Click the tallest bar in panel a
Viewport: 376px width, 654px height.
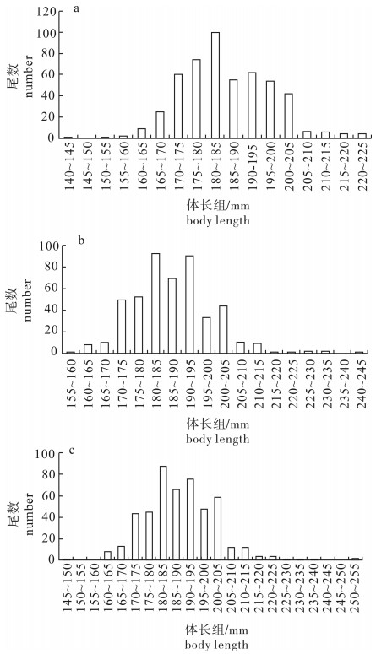[x=215, y=85]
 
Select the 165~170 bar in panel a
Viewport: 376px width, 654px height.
[x=160, y=125]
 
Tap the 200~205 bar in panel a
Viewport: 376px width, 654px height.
[x=289, y=116]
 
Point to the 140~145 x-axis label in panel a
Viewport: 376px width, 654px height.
[x=69, y=167]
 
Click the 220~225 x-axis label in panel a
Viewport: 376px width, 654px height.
[x=362, y=167]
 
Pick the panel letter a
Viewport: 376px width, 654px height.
[x=76, y=8]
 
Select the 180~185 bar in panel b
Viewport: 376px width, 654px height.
[x=155, y=303]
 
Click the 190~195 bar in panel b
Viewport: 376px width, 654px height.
[x=189, y=305]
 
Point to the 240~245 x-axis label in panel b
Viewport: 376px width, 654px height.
[x=362, y=382]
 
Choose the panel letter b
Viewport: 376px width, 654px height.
[x=81, y=241]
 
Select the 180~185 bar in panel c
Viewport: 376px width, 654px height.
[x=163, y=513]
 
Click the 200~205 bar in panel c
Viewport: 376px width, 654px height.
[x=217, y=528]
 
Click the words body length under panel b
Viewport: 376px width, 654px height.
[x=218, y=439]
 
